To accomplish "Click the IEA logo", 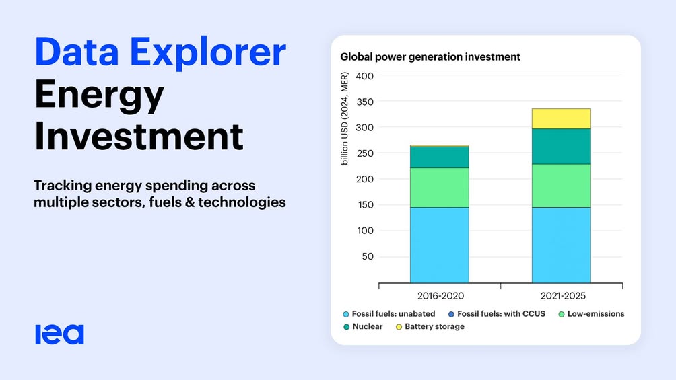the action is [59, 335].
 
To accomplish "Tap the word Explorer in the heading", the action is [208, 52].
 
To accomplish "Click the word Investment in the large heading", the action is [139, 136].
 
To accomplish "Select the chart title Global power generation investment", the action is [430, 57].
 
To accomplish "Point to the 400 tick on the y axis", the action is [365, 76].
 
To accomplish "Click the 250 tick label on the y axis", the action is [365, 153].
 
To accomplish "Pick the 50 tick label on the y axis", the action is [368, 256].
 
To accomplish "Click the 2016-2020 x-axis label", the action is [440, 296].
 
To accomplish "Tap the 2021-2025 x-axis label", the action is [563, 296].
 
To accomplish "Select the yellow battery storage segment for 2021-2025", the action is [562, 118].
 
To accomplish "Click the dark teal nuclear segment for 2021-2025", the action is [562, 147].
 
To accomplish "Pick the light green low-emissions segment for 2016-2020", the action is [439, 188].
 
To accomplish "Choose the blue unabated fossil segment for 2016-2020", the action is [439, 245].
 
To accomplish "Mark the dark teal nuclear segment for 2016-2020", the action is [439, 157].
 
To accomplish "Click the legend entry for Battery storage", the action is [430, 327].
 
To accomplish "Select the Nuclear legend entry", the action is [363, 327].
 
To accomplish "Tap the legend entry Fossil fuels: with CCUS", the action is [497, 314].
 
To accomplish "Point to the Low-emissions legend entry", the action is [591, 314].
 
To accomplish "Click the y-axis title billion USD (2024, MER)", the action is [345, 118].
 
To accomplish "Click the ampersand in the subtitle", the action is [190, 202].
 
